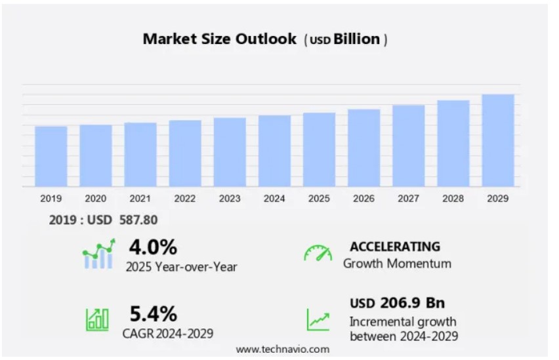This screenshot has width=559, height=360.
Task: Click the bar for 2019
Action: (51, 156)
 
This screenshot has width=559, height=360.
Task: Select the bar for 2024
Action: (274, 151)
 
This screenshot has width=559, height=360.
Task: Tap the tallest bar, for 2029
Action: (498, 140)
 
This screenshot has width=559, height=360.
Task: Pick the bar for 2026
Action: (364, 148)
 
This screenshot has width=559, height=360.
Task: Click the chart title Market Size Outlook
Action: (220, 39)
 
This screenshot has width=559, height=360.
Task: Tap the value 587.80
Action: (138, 220)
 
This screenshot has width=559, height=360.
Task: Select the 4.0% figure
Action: (153, 247)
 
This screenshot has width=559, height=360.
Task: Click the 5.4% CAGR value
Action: (153, 313)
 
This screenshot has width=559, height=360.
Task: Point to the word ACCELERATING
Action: (395, 247)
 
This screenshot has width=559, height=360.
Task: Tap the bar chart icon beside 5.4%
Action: (97, 319)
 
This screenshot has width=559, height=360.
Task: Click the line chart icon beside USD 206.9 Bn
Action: (318, 319)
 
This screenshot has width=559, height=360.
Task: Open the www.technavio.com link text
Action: (283, 350)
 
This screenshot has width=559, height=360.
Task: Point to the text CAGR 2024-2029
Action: (168, 333)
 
